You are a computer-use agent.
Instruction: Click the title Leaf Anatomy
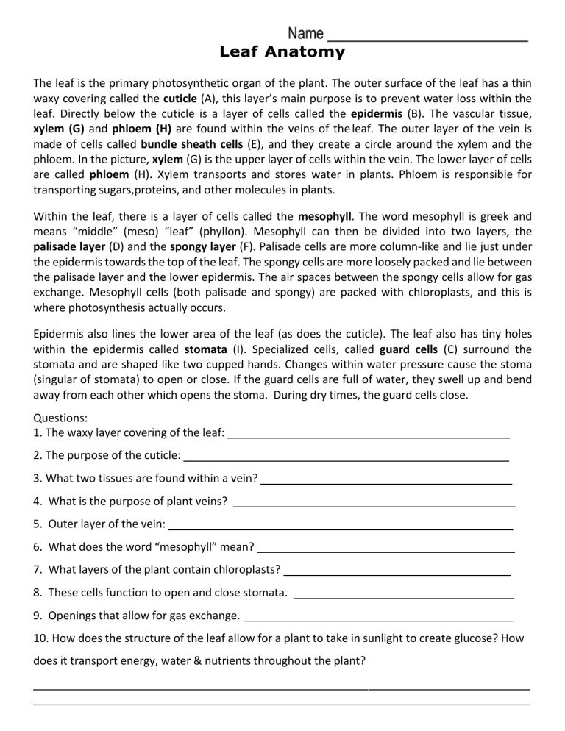[282, 52]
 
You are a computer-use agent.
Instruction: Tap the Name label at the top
[305, 34]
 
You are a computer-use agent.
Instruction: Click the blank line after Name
[427, 38]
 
